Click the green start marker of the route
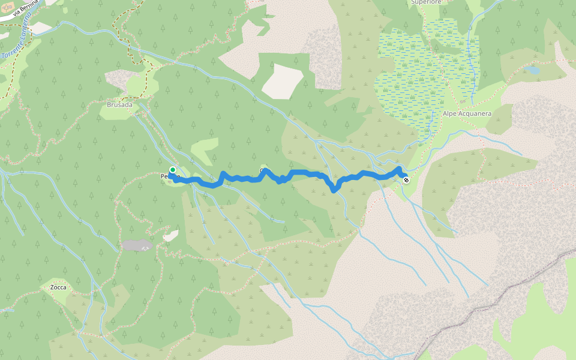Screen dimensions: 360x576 (x=173, y=170)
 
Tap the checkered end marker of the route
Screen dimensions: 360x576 (x=406, y=179)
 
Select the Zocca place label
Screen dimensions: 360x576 (x=58, y=287)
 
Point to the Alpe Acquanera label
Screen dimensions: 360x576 (x=467, y=113)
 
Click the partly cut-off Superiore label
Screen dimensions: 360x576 (x=427, y=2)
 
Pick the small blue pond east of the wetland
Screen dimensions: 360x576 (x=532, y=70)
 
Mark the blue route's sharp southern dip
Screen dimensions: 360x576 (x=334, y=190)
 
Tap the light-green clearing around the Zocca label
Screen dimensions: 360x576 (x=60, y=296)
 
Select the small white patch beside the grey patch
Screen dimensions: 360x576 (x=171, y=236)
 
